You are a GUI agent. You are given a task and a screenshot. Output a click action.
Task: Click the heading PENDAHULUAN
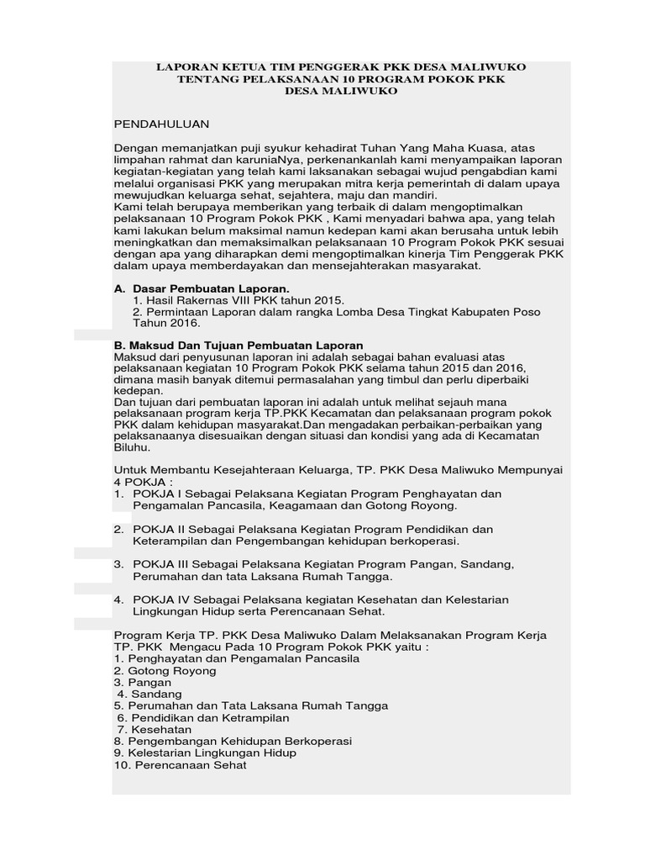[161, 124]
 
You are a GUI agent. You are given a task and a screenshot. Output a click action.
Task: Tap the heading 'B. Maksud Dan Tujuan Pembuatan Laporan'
[239, 346]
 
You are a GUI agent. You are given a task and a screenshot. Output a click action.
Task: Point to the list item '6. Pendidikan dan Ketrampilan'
[203, 718]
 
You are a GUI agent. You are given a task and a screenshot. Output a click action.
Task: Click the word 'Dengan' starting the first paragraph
[134, 148]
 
